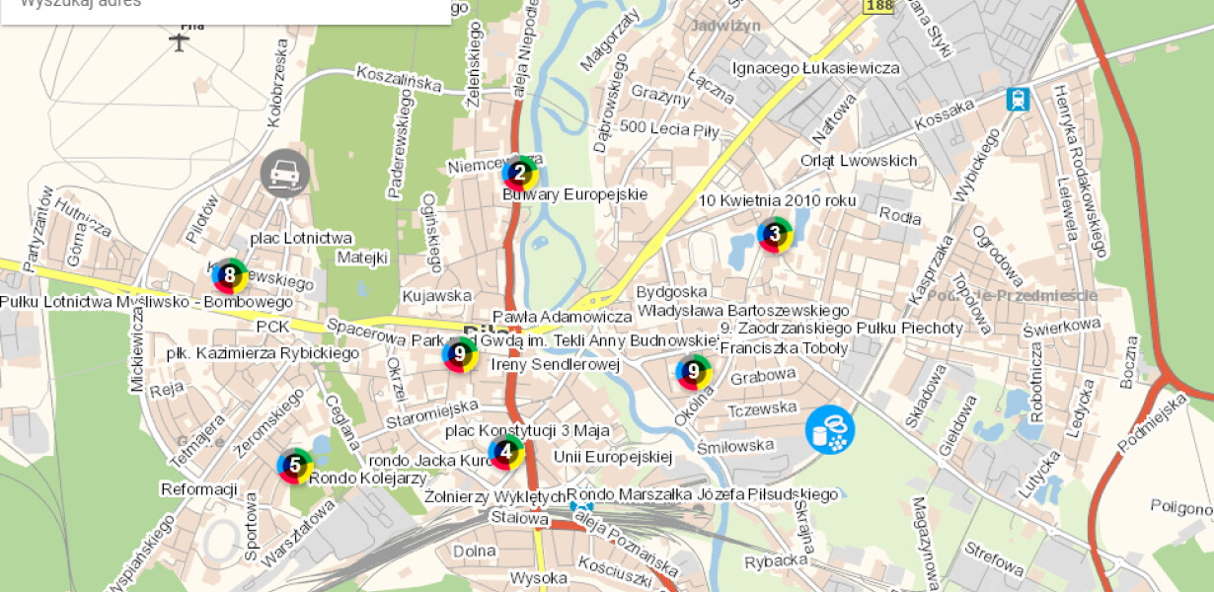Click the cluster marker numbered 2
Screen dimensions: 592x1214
pos(520,173)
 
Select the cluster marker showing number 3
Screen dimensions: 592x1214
pos(775,235)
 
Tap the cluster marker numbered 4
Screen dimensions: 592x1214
pos(506,453)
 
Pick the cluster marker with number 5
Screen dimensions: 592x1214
pos(294,466)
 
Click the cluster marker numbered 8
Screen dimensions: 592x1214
pos(230,275)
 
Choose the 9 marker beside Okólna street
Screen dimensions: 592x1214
pos(694,372)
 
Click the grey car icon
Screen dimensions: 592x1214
pos(284,174)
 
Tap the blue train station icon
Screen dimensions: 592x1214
pos(1017,99)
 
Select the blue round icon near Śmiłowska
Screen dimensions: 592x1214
pos(830,430)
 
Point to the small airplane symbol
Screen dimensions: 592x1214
pos(179,41)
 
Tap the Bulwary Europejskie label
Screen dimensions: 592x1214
pos(575,194)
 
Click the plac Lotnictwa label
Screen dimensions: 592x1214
pos(301,238)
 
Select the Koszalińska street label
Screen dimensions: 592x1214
pos(399,78)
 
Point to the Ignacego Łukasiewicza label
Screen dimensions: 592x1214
pos(815,68)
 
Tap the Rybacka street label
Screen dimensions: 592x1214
pos(777,560)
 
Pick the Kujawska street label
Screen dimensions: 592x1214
pos(436,295)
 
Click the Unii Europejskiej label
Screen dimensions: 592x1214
pos(612,457)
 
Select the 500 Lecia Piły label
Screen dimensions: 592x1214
pos(669,128)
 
